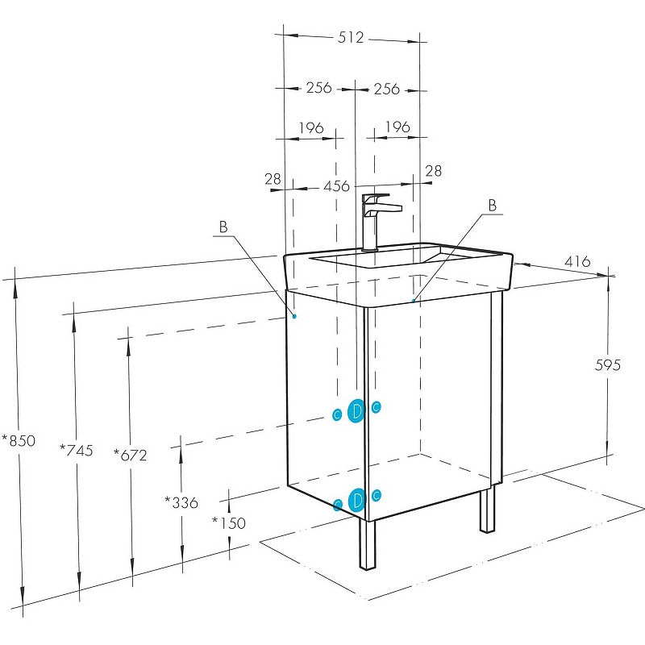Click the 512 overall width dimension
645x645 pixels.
coord(351,37)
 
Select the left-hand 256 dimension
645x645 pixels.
coord(318,88)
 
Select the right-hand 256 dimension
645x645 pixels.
coord(387,89)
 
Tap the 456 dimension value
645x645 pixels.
coord(336,186)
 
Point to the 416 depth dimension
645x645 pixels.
coord(576,261)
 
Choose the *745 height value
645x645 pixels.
coord(77,450)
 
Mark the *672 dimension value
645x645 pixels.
coord(130,455)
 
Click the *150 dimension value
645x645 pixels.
coord(228,522)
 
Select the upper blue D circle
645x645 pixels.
coord(357,411)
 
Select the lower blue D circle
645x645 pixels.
coord(357,500)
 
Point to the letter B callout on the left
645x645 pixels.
coord(224,227)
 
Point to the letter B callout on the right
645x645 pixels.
coord(492,206)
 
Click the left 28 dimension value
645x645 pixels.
coord(273,178)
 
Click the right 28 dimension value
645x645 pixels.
coord(433,171)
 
